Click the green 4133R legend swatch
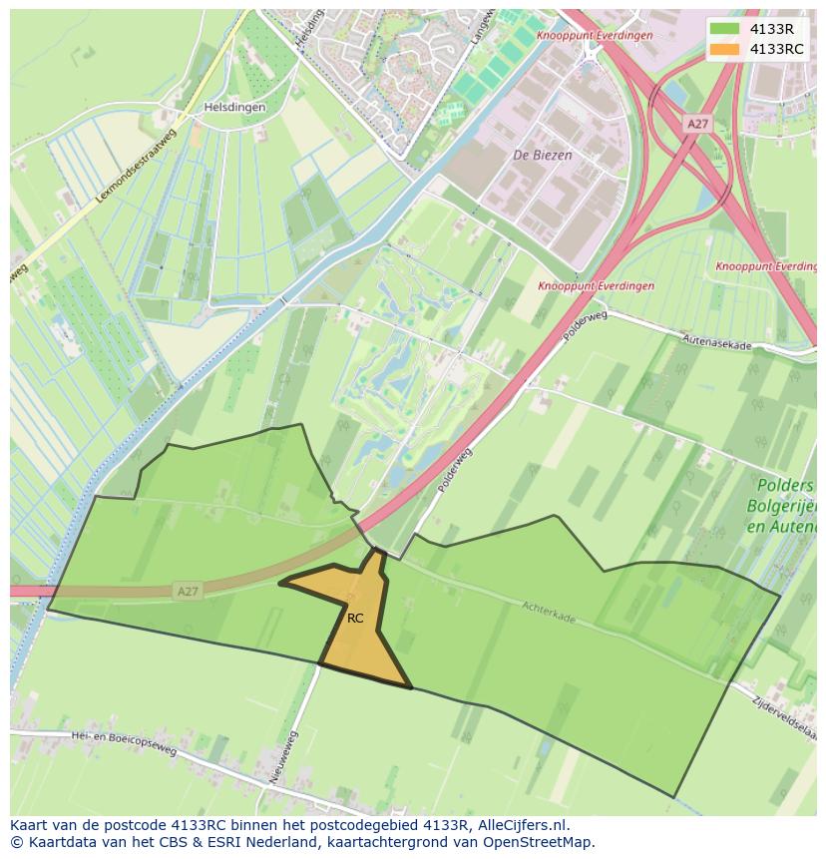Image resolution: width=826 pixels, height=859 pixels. (x=725, y=28)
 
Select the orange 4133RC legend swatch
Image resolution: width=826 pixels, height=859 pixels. (x=725, y=49)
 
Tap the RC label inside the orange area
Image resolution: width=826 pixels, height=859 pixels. (x=355, y=619)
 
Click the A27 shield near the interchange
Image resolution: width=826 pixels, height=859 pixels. (x=697, y=123)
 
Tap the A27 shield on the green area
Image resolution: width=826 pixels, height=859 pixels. (x=187, y=592)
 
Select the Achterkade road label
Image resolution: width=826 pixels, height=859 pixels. (x=549, y=612)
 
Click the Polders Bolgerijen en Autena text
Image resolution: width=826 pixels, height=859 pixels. (x=785, y=505)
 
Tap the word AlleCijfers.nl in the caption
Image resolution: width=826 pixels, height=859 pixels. (x=523, y=826)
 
